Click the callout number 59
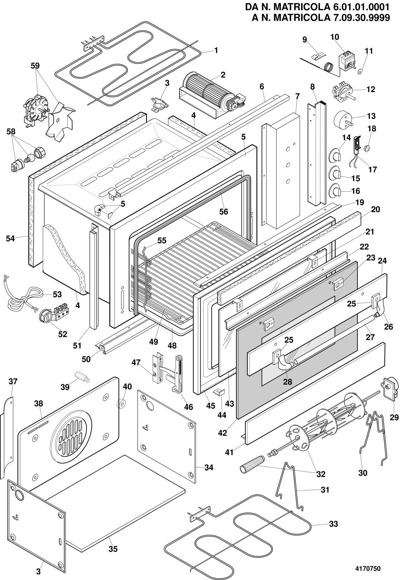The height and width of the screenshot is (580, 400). click(35, 66)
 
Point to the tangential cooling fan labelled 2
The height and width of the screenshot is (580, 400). click(212, 95)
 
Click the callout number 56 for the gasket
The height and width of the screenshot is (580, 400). click(224, 212)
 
